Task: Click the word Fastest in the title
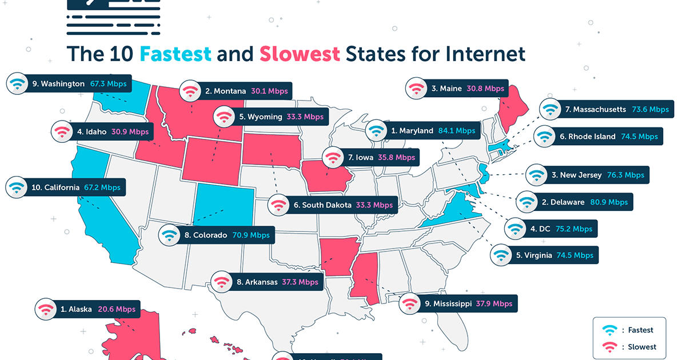coord(176,54)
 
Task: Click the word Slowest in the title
coord(300,54)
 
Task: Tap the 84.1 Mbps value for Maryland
coord(457,131)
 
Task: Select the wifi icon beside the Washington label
coord(17,84)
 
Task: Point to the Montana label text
coord(225,91)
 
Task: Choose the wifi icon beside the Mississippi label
coord(409,303)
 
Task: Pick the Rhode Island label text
coord(579,137)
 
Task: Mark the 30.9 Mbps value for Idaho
coord(131,131)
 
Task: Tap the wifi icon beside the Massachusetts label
coord(551,109)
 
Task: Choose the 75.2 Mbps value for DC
coord(575,229)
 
